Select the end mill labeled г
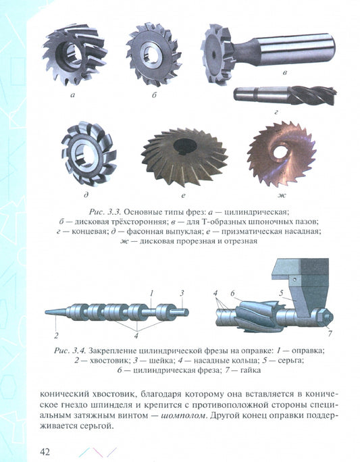point(284,95)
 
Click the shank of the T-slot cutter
point(283,49)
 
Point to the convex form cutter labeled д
point(88,154)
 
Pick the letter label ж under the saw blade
point(281,195)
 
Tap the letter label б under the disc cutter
point(154,95)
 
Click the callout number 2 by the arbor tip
point(56,335)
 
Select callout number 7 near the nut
point(330,333)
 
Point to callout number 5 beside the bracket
point(281,293)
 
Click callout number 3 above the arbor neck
point(182,293)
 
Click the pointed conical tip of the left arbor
point(45,312)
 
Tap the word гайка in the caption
point(251,370)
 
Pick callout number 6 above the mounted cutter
point(233,293)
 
